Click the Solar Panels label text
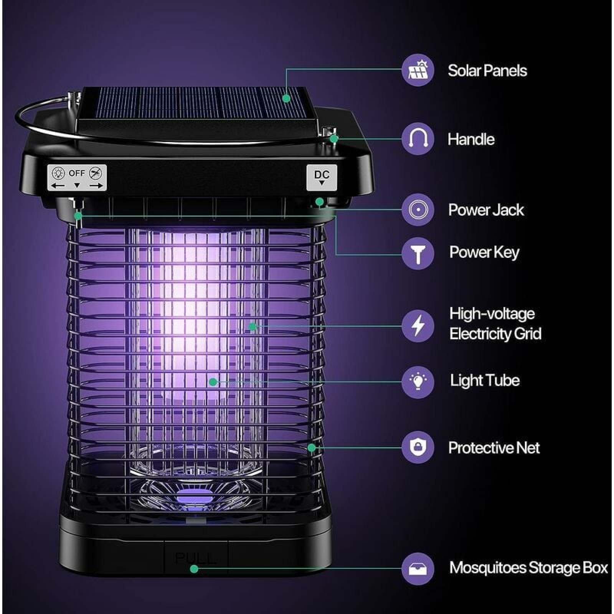(x=487, y=71)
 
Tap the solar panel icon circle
(x=418, y=70)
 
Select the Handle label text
(x=471, y=139)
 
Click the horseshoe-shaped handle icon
(x=418, y=139)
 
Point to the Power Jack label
(x=486, y=210)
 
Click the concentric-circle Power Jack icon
(x=418, y=210)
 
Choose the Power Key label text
(x=484, y=253)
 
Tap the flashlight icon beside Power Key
(x=418, y=253)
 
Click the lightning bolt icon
(x=418, y=326)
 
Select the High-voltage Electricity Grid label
(x=495, y=324)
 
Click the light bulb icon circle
(x=418, y=382)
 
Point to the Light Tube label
(x=485, y=380)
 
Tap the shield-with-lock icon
(x=418, y=447)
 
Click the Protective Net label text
(x=494, y=448)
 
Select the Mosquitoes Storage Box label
(x=528, y=568)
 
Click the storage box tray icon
(x=418, y=569)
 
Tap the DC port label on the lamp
(x=322, y=177)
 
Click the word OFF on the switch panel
(x=77, y=173)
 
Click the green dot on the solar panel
(x=286, y=98)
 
